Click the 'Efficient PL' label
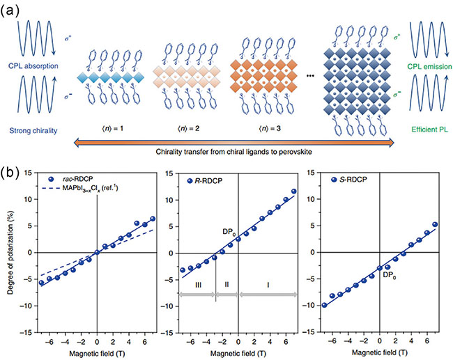pos(422,129)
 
